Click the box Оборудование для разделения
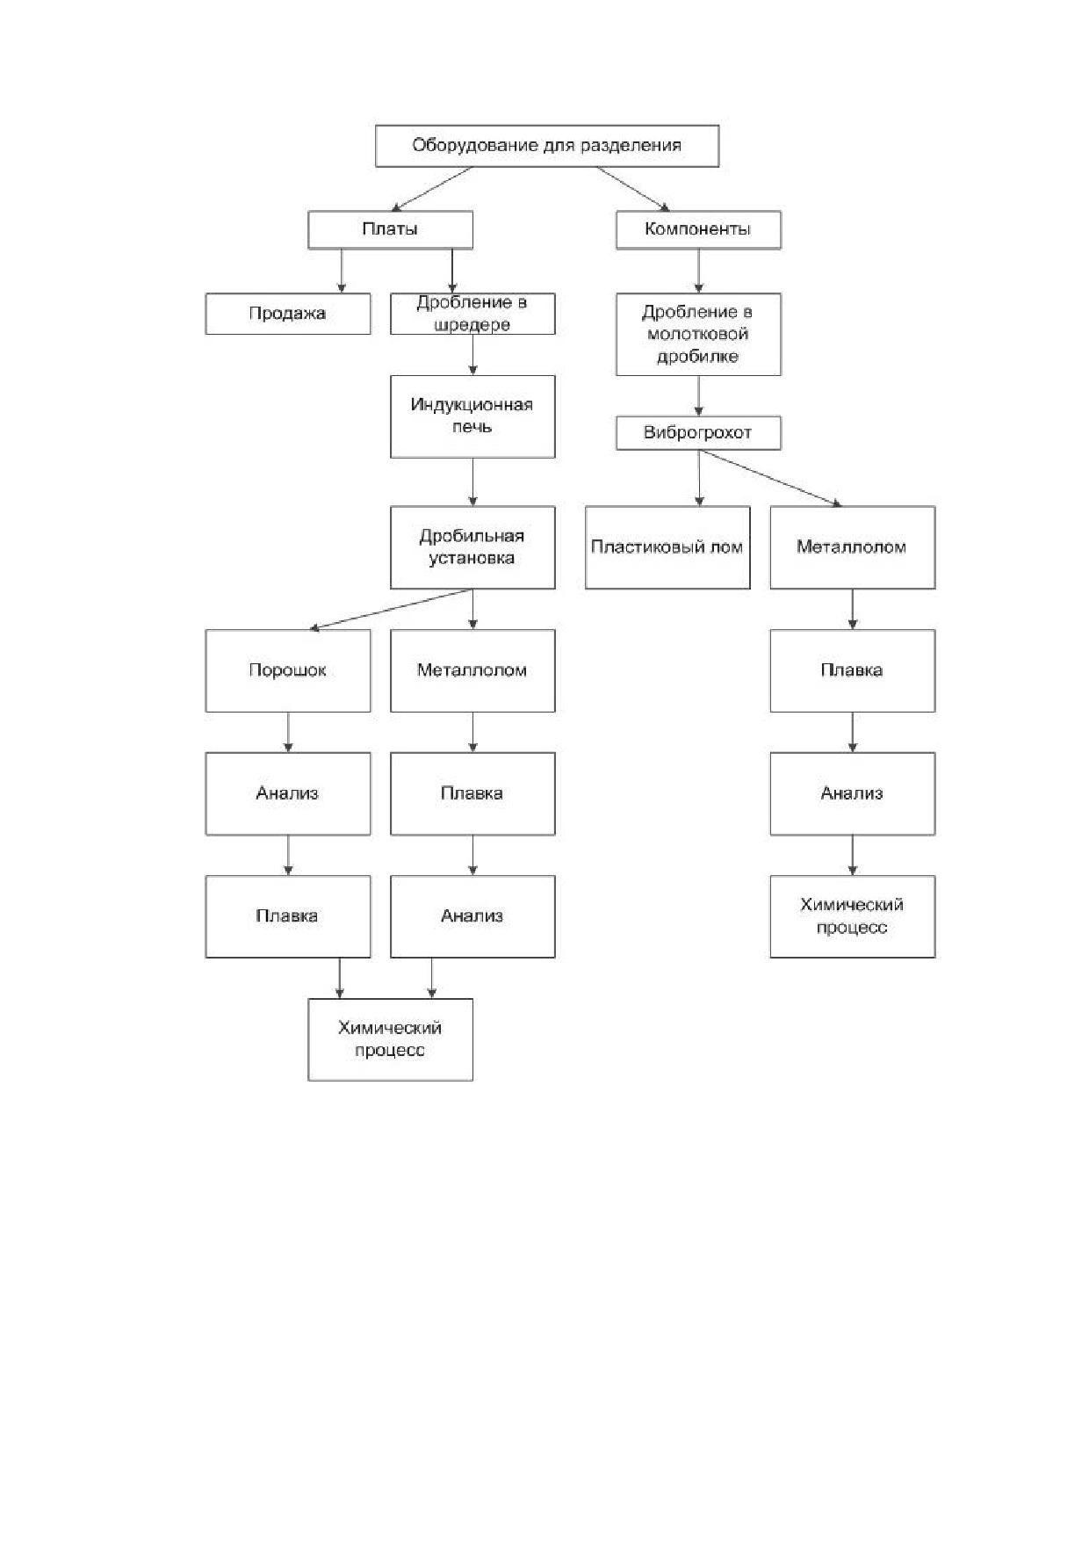click(547, 146)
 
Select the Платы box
click(390, 229)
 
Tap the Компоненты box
click(698, 229)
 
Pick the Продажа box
click(288, 314)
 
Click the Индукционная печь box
click(472, 416)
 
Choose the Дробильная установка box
click(472, 547)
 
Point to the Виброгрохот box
click(698, 433)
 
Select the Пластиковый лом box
click(667, 547)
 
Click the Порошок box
click(288, 670)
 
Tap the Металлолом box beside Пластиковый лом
click(853, 547)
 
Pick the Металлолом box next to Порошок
click(472, 670)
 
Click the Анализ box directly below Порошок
click(288, 793)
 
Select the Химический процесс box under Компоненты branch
click(853, 916)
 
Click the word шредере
click(472, 325)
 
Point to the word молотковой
click(698, 335)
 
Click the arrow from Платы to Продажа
click(342, 271)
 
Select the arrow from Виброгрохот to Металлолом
click(771, 479)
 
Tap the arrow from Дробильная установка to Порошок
click(392, 609)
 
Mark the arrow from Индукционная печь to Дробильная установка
click(473, 482)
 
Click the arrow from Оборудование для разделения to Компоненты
click(633, 189)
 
